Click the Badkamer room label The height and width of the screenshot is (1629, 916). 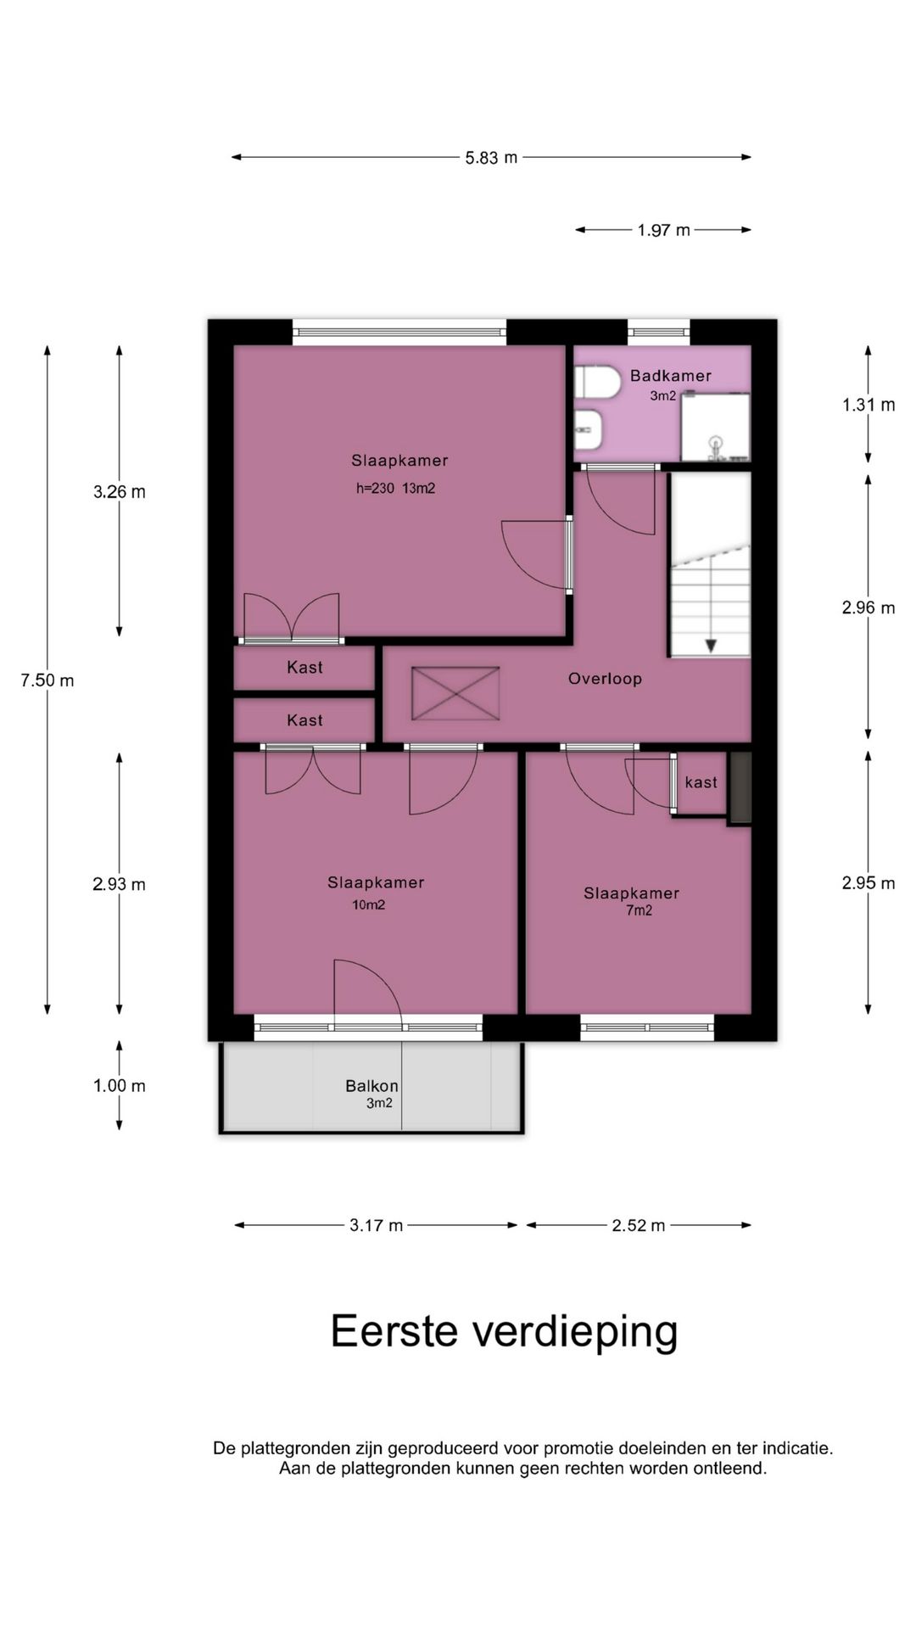point(670,375)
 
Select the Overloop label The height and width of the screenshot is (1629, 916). point(605,679)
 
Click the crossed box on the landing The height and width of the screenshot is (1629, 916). point(455,693)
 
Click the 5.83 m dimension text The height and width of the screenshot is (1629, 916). point(491,157)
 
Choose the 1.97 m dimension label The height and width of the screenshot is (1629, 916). point(664,230)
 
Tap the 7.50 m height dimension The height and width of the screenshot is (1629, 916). point(47,680)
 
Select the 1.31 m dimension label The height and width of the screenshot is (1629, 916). point(869,405)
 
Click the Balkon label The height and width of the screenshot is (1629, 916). point(371,1086)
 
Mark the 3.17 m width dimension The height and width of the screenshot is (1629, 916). point(377,1225)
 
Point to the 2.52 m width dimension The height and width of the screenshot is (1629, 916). point(639,1225)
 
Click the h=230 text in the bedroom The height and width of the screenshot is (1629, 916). point(376,489)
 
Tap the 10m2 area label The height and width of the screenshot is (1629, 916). point(369,905)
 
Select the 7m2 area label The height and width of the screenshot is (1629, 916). point(639,911)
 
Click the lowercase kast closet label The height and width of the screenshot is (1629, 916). point(701,782)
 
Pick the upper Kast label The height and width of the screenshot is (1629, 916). point(304,668)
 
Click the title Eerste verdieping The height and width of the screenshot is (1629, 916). point(504,1332)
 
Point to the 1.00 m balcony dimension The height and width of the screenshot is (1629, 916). point(120,1086)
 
